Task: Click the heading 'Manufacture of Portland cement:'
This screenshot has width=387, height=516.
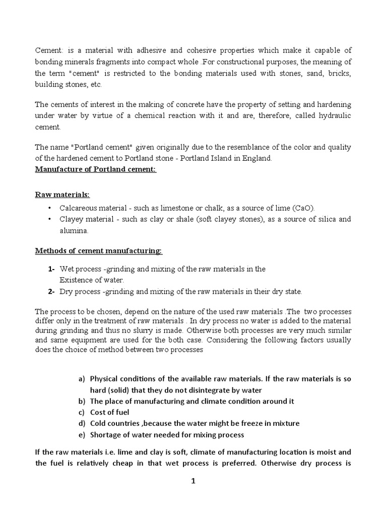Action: click(x=96, y=169)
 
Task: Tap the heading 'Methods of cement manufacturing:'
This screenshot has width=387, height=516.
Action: click(x=98, y=250)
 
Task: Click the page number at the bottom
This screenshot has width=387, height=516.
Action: click(x=193, y=481)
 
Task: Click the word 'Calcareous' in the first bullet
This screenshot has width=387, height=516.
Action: click(x=78, y=208)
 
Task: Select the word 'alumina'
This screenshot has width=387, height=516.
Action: click(x=74, y=230)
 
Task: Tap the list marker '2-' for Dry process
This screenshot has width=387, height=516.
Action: click(x=51, y=291)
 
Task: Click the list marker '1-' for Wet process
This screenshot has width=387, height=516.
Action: click(x=51, y=269)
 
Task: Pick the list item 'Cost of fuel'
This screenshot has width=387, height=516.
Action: click(x=109, y=412)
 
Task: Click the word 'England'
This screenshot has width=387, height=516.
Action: click(x=257, y=158)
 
